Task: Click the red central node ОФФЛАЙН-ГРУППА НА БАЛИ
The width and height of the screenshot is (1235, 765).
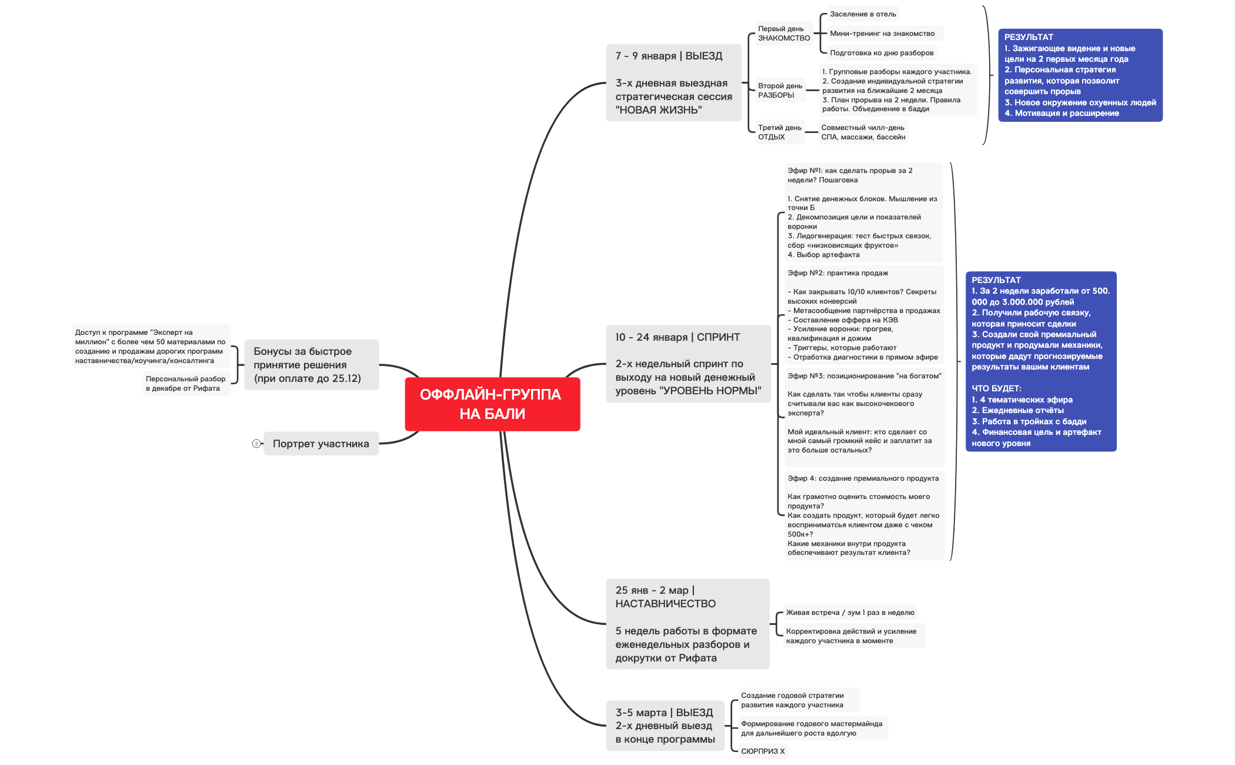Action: tap(492, 404)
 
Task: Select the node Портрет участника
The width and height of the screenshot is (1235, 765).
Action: tap(321, 444)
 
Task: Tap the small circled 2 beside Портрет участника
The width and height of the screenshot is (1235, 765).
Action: tap(256, 444)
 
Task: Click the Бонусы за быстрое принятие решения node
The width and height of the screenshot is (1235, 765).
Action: tap(311, 365)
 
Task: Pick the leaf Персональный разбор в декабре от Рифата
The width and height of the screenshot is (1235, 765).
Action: tap(186, 384)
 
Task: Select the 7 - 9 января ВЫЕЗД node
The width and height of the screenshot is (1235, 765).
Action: tap(673, 82)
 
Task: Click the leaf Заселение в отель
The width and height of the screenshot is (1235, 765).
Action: tap(863, 14)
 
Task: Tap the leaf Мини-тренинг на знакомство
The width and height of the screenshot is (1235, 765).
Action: tap(882, 34)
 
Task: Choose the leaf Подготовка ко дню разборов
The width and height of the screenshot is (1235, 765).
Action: tap(881, 53)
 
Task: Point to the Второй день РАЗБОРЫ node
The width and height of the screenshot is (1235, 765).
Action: tap(780, 91)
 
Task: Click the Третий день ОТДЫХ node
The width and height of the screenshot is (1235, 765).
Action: tap(779, 132)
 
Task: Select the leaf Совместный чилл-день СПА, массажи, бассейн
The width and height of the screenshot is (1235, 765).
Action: tap(863, 132)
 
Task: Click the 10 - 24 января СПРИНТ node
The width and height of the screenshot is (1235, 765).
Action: tap(687, 364)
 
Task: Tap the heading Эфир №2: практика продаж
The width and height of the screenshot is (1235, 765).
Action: tap(837, 273)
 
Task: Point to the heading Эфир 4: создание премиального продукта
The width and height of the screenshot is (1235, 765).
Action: tap(863, 478)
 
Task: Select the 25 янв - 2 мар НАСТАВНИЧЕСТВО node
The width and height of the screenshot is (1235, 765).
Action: tap(687, 624)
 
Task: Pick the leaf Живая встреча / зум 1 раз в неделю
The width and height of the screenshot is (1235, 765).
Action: tap(850, 613)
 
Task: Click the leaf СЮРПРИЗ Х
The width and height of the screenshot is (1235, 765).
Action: tap(763, 751)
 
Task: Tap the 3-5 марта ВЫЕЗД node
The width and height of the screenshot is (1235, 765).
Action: tap(665, 726)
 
